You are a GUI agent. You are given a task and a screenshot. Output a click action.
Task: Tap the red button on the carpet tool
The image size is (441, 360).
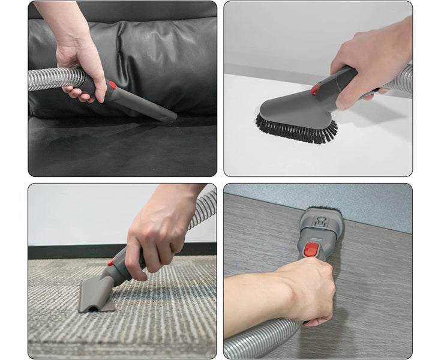111,262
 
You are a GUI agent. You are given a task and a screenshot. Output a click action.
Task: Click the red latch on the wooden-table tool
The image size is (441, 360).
311,250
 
